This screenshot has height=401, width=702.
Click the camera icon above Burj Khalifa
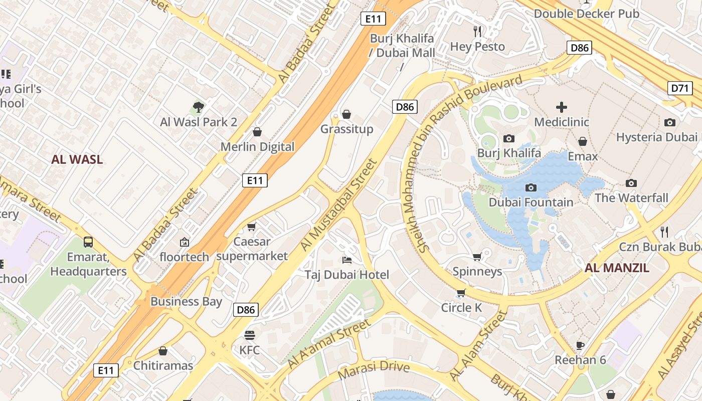coord(509,138)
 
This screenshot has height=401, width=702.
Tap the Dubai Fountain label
coord(531,202)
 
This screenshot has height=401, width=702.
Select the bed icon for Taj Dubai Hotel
coord(346,260)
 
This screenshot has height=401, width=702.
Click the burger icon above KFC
coord(249,335)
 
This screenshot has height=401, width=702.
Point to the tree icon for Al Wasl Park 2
coord(199,107)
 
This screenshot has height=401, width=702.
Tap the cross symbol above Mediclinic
coord(562,107)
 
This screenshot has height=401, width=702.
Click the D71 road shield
coord(680,88)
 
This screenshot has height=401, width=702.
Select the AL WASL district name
coord(77,159)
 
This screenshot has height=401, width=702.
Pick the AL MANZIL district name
coord(617,268)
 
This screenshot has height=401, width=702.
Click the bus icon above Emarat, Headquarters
coord(88,242)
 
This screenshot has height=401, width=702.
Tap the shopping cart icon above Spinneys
coord(477,257)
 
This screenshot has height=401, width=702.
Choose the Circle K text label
coord(461,307)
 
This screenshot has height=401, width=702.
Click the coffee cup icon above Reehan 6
coord(580,345)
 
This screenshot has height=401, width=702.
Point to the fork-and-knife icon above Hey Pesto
coord(477,32)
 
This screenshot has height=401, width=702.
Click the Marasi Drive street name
coord(374,370)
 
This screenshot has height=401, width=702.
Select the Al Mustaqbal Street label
coord(338,205)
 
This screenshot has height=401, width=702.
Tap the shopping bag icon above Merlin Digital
coord(257,132)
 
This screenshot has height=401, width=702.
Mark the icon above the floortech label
coord(185,242)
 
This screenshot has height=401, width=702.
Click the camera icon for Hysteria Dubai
coord(669,122)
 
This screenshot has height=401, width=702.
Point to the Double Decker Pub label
coord(586,14)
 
